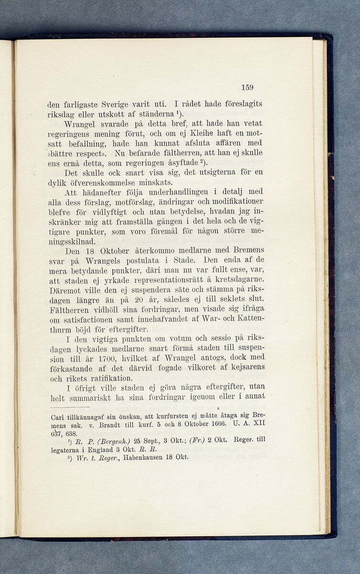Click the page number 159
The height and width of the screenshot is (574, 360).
[x=247, y=88]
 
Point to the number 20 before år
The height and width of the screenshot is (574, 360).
[x=140, y=299]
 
